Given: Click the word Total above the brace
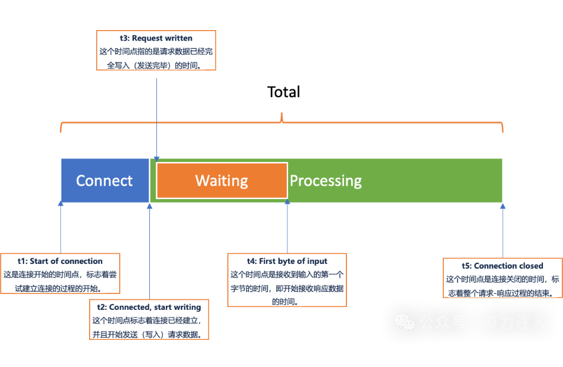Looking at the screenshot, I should click(x=284, y=92).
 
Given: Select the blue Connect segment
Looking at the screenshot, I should click(x=105, y=180).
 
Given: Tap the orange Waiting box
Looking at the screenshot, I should click(x=222, y=180).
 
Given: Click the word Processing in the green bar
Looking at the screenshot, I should click(x=326, y=180).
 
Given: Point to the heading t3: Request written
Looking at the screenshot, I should click(x=156, y=38).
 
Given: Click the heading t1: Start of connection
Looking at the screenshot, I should click(x=61, y=261).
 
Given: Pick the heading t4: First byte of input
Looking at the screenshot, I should click(x=287, y=261).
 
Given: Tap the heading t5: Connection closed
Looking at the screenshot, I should click(x=502, y=266).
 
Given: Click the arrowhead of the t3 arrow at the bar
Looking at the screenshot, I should click(x=156, y=158).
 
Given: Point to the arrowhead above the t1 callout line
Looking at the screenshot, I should click(x=61, y=204).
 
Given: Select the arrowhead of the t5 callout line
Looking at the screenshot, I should click(x=503, y=206).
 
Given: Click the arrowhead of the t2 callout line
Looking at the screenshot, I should click(x=149, y=205).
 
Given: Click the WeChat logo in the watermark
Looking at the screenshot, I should click(x=404, y=321).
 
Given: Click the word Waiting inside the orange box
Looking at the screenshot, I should click(x=221, y=180).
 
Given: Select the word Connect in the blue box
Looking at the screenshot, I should click(x=104, y=180).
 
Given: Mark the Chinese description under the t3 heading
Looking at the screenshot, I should click(x=156, y=58).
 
